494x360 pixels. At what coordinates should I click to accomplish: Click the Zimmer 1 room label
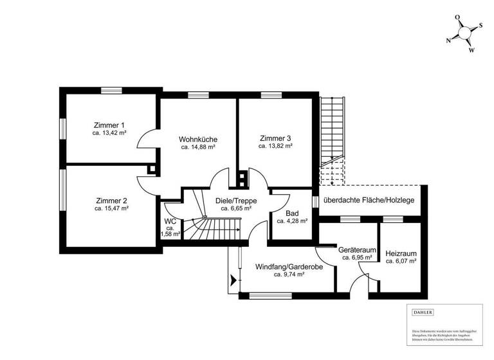click(109, 125)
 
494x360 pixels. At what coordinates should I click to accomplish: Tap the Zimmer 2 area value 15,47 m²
click(111, 209)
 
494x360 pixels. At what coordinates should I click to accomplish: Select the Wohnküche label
click(197, 139)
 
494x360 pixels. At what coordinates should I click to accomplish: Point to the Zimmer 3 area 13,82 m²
click(275, 147)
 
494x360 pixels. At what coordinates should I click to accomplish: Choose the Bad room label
click(291, 213)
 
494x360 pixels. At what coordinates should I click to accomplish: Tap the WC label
click(170, 221)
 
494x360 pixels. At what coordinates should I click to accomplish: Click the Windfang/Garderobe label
click(288, 266)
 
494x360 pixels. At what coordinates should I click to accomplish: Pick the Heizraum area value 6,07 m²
click(401, 262)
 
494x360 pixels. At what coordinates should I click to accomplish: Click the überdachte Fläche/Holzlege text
click(369, 201)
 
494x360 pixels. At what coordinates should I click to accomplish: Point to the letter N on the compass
click(448, 39)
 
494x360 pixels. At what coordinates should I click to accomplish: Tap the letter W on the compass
click(471, 50)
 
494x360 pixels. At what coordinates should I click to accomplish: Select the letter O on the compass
click(457, 17)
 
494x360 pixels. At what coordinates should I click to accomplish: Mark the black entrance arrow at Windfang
click(232, 280)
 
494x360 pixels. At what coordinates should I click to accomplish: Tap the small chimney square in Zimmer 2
click(151, 170)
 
